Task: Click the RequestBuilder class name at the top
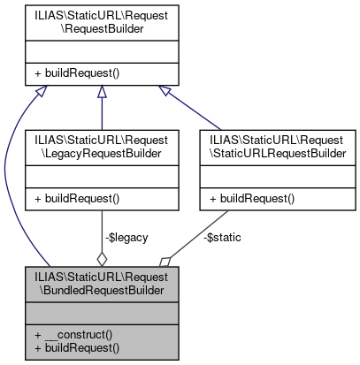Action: tap(102, 22)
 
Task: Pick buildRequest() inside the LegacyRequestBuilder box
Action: tap(73, 199)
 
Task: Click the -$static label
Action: tap(222, 237)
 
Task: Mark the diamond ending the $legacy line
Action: tap(102, 259)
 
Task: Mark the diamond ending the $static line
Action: tap(165, 262)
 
